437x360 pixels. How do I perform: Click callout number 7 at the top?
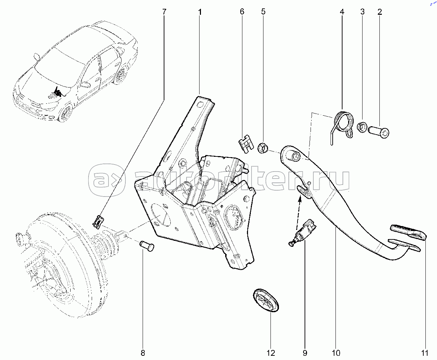[164, 12]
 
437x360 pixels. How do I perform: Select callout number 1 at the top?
[200, 12]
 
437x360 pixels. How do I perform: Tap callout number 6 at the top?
[242, 12]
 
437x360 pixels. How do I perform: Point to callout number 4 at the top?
[342, 12]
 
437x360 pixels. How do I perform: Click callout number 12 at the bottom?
[270, 353]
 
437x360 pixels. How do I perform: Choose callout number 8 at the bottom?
[143, 353]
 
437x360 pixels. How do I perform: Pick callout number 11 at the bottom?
[425, 353]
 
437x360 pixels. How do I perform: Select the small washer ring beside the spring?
[361, 127]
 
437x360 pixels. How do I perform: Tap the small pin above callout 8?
[147, 245]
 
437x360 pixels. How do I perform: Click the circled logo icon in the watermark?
[106, 180]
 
